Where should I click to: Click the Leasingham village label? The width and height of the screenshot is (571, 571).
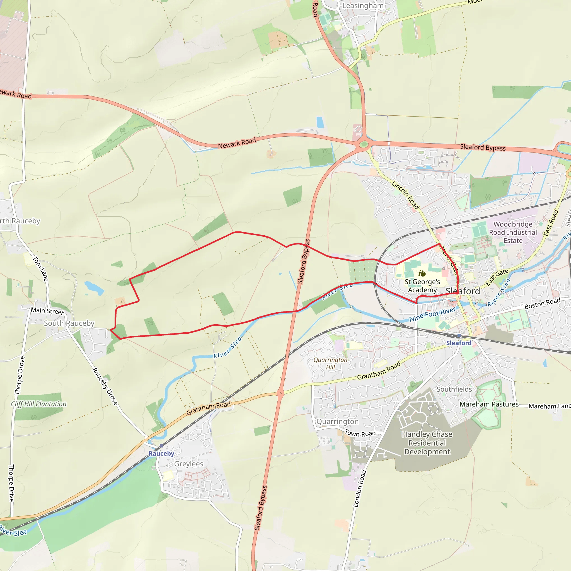coord(363,6)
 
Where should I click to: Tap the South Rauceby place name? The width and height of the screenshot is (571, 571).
coord(69,323)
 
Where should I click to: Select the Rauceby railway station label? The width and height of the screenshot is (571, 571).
coord(161,453)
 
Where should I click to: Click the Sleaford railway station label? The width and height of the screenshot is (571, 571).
coord(459,343)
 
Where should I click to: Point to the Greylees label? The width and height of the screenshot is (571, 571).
coord(188,464)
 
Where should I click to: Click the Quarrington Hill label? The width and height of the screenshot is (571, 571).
coord(330,364)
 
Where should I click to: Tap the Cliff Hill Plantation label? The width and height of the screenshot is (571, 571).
coord(39,404)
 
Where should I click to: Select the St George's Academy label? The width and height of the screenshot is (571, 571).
coord(422,286)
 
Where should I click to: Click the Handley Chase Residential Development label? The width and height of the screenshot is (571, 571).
coord(427,443)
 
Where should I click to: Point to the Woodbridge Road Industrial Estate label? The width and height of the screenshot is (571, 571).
coord(513,232)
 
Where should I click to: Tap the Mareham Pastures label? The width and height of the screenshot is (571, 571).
coord(489,404)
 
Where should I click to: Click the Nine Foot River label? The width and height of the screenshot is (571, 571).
coord(432,314)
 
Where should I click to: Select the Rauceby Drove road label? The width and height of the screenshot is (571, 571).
coord(105,386)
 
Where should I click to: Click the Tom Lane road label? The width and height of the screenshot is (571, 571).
coord(40,269)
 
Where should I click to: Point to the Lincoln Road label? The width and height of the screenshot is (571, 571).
coord(405,195)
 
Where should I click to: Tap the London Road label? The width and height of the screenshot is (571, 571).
coord(360,488)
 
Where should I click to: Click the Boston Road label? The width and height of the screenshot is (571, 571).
coord(542,304)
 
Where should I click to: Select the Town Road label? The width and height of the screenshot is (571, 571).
coord(360,433)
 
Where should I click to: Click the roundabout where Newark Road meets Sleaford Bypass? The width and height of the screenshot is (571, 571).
coord(364,144)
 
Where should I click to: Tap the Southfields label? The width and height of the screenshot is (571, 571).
coord(454,389)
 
